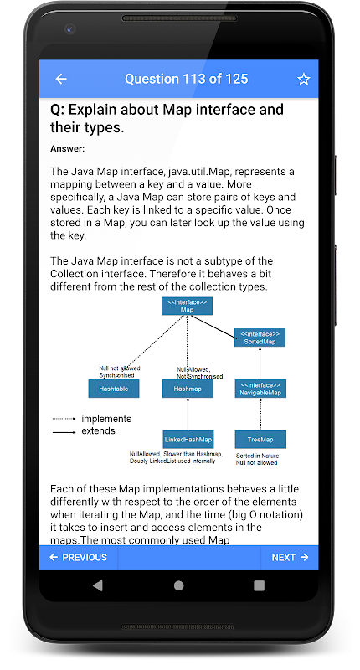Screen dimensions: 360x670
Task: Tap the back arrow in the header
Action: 61,79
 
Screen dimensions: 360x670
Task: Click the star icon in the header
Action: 304,79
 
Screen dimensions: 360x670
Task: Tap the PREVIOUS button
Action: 79,557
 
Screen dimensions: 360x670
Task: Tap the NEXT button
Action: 290,557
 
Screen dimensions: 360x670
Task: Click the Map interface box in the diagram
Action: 187,306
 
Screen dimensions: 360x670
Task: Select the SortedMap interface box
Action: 260,338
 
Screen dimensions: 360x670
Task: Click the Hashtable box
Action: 114,389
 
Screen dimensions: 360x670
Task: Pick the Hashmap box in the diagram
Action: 188,389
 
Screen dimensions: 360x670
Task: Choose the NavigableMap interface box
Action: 260,389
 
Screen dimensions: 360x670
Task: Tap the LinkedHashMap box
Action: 188,439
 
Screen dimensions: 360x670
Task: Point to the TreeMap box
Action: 260,439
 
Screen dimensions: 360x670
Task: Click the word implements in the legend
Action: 106,419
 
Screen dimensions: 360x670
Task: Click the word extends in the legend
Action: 98,430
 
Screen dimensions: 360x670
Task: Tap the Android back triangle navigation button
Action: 98,585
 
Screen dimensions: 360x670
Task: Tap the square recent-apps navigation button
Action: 259,585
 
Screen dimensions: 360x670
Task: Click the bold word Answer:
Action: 68,149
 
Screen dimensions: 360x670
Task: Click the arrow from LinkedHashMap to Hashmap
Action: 188,414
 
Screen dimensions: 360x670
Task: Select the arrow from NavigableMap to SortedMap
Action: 260,363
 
